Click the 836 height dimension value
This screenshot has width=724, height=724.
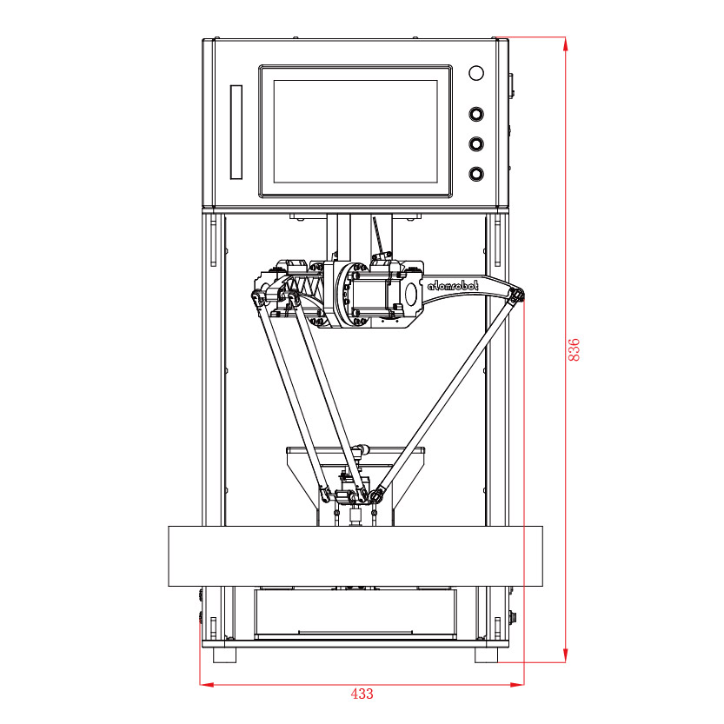[574, 349]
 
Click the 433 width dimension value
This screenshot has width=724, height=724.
[362, 694]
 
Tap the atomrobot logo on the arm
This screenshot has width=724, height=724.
[453, 286]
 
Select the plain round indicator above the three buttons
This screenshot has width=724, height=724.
[476, 73]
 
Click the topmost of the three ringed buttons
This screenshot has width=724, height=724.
[476, 114]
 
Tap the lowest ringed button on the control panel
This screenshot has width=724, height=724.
[476, 174]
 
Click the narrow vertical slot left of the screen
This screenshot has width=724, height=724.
[236, 131]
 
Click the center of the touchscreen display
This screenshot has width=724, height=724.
[355, 131]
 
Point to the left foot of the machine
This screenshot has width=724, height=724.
[224, 654]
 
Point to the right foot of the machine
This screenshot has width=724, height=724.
[486, 654]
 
